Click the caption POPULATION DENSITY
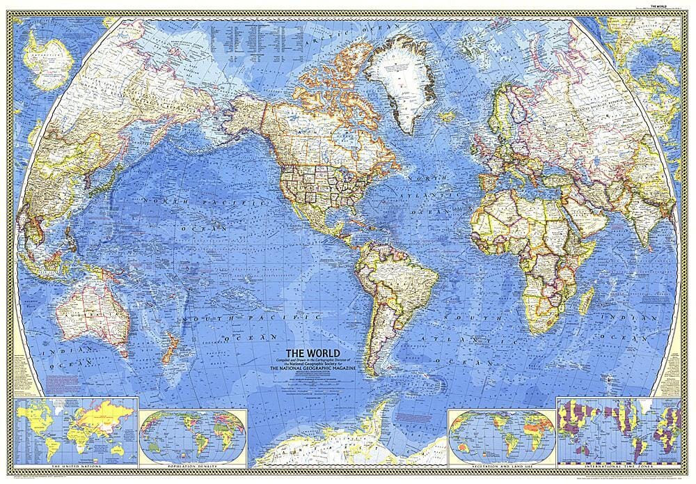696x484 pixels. tap(191, 462)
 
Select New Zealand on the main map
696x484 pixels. tap(167, 348)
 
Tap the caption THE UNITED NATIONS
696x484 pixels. tap(74, 462)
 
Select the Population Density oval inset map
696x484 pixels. tap(191, 431)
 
